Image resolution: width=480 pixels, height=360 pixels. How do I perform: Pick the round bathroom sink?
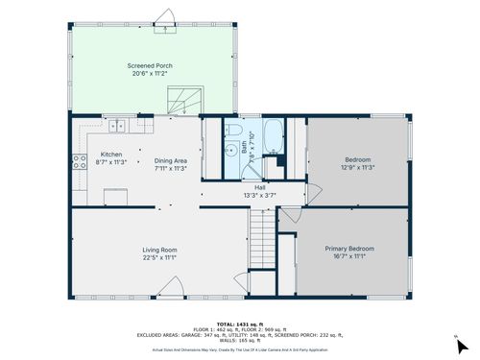[x=230, y=149]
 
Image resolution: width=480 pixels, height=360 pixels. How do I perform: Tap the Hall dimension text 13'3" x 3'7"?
[x=260, y=195]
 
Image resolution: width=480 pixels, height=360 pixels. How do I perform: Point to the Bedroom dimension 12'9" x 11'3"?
[x=357, y=166]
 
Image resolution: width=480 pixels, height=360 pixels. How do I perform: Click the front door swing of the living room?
[x=174, y=285]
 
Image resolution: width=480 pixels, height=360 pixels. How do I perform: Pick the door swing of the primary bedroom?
[x=287, y=218]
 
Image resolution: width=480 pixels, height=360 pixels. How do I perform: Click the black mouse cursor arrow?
[x=462, y=346]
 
